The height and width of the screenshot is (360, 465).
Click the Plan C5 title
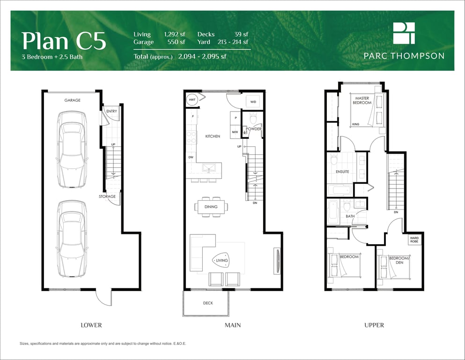coord(64,41)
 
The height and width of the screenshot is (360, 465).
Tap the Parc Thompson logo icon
coord(404,33)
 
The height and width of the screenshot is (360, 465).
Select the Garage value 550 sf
coord(176,42)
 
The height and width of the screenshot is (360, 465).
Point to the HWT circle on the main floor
coord(192,100)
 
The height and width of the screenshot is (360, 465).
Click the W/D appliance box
coord(253,102)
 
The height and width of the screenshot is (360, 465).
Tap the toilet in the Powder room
coord(253,118)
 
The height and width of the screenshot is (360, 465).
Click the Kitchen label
coord(213,136)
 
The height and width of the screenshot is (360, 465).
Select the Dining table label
coord(211,207)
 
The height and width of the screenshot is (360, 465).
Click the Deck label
coord(208,303)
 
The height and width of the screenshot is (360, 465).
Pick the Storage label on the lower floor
coord(107,196)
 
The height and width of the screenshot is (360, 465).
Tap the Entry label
coord(111,111)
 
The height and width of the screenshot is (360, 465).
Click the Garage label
coord(73,100)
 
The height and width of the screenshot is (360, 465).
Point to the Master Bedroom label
coord(362,100)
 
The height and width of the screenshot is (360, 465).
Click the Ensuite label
coord(342,172)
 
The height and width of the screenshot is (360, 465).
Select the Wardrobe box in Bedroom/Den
coord(414,240)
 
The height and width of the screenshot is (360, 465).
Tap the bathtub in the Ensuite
coord(340,190)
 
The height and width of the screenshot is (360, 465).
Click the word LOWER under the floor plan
coord(91,325)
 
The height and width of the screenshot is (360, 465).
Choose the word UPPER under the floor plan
coord(374,325)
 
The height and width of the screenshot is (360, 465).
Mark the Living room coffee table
coord(221,260)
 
